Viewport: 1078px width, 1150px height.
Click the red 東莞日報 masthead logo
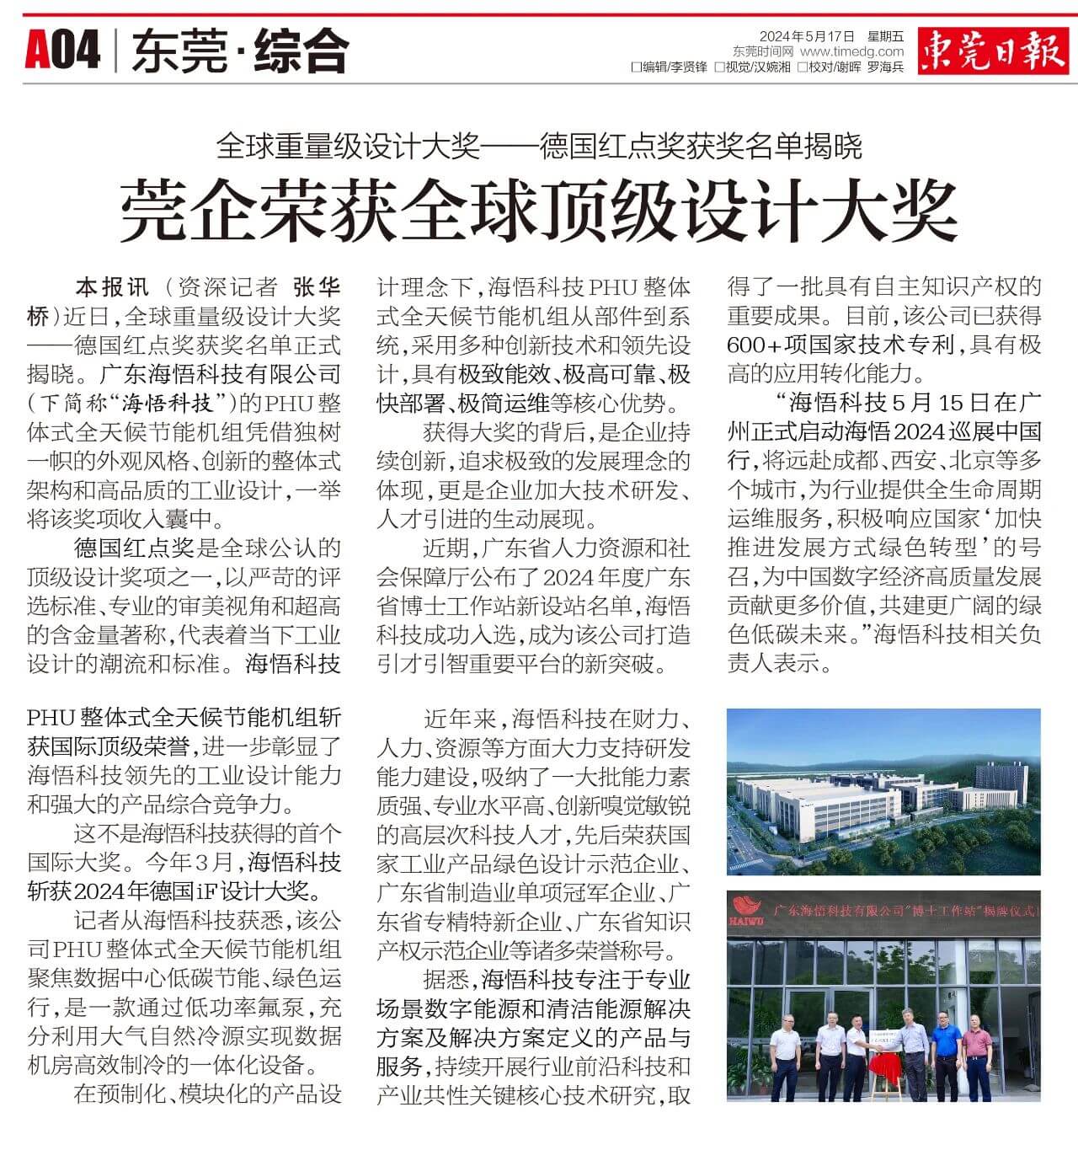992,51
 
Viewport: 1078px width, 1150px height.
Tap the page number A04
62,51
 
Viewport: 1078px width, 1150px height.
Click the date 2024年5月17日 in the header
807,36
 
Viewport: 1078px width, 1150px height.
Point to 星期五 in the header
885,36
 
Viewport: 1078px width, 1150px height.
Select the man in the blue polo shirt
944,1053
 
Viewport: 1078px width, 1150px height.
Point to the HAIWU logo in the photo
747,910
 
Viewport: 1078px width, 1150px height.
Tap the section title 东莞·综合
239,51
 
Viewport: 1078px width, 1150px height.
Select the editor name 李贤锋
689,67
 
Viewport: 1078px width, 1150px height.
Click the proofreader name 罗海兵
885,67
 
